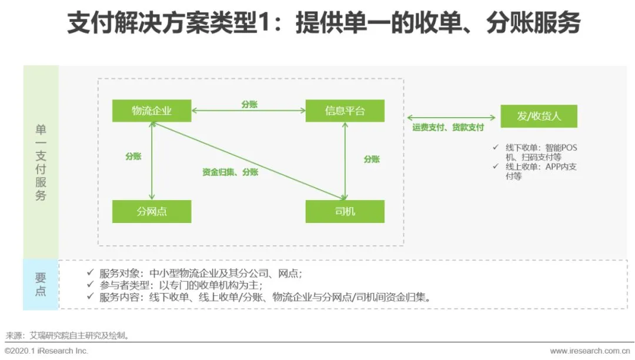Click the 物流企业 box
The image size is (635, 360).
point(152,111)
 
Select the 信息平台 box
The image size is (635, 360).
point(345,111)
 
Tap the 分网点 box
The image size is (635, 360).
point(152,211)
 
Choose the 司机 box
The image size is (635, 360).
point(345,211)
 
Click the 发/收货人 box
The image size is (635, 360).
point(539,116)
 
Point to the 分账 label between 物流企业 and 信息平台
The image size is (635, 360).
point(249,104)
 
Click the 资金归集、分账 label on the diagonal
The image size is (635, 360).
point(230,172)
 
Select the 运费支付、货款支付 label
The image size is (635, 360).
point(447,127)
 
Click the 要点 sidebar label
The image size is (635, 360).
point(41,284)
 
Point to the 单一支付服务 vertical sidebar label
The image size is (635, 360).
point(41,162)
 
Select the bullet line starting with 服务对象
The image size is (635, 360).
point(200,273)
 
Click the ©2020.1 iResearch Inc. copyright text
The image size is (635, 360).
point(46,351)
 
